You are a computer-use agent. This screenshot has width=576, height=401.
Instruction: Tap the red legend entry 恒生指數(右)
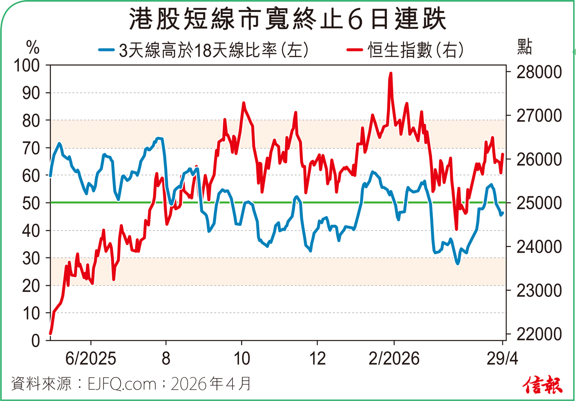406,49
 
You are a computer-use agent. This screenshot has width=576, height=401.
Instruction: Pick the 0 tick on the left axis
35,341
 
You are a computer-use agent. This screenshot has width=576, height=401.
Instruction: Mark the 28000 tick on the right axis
532,72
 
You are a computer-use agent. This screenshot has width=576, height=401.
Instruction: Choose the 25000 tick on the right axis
532,203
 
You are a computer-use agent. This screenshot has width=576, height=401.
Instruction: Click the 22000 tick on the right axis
532,334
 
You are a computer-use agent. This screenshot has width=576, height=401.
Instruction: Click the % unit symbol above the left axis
32,48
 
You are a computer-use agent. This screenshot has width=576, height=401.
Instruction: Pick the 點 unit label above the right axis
525,48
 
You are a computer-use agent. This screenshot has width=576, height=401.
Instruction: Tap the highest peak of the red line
391,73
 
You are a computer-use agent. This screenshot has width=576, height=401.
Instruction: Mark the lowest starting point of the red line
50,333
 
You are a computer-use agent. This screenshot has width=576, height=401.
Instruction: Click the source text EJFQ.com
122,384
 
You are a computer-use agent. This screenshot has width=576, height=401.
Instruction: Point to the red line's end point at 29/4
503,155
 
